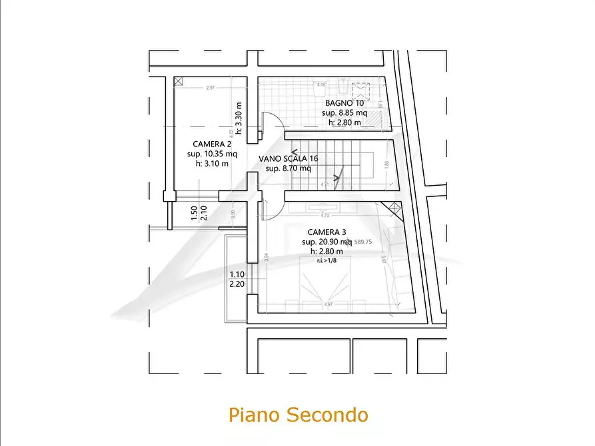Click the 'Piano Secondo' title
coord(298,415)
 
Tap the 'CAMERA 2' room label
coord(213,144)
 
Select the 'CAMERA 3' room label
coord(322,232)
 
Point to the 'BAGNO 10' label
coord(344,104)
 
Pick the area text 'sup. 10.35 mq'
coord(213,154)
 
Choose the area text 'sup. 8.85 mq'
coord(344,113)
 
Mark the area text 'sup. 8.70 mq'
coord(288,168)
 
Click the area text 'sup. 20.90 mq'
coord(326,242)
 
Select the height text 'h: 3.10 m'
coord(212,163)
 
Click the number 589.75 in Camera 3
coord(364,242)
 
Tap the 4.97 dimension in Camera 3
coord(327,305)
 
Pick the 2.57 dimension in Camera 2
coord(210,88)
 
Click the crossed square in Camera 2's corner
coord(179,81)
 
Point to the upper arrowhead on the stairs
coord(295,152)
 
